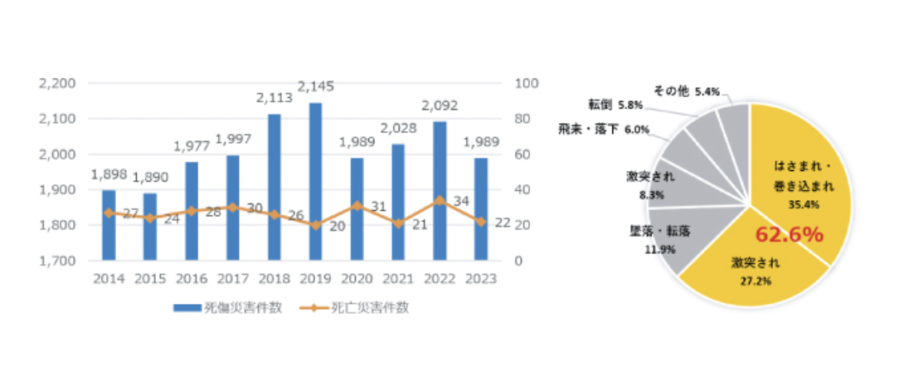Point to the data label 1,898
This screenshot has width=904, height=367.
point(108,174)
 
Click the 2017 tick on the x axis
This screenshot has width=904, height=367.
point(232,279)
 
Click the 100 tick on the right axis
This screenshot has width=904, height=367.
point(527,83)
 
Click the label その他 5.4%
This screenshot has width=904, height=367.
point(686,91)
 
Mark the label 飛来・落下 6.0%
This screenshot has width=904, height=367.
point(599,130)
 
